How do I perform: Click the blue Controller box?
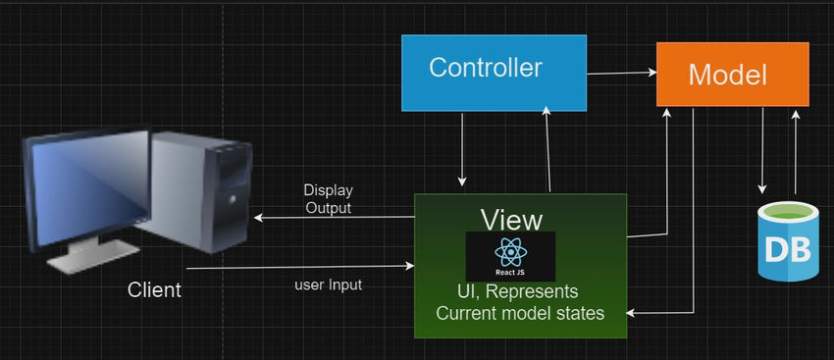[494, 73]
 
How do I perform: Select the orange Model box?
[732, 75]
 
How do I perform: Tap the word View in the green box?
[510, 218]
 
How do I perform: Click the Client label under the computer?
[154, 290]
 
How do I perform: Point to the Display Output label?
[328, 198]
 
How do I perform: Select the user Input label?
[328, 284]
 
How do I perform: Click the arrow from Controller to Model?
[621, 73]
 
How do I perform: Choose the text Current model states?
[520, 313]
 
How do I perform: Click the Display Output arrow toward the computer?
[334, 218]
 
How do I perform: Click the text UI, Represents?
[517, 291]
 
